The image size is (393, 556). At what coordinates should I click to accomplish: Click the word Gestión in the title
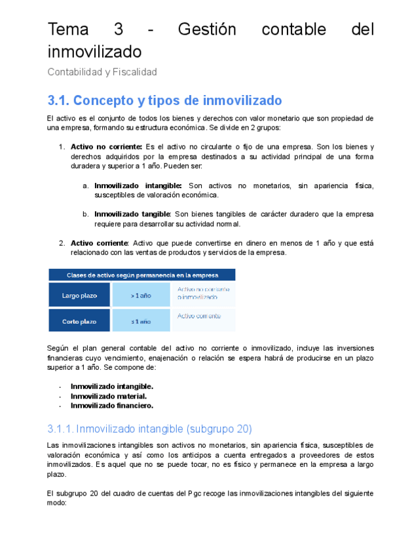206,30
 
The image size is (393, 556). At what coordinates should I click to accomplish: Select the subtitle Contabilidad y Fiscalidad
102,72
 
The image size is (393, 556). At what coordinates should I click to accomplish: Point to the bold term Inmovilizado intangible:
138,186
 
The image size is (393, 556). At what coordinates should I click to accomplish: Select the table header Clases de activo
142,275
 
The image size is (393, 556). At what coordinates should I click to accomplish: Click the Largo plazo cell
79,296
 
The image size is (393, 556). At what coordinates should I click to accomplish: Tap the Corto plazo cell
79,321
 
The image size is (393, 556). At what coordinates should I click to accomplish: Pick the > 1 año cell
141,296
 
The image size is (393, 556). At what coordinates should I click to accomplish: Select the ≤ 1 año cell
141,321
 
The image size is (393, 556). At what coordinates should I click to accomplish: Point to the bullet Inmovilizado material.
108,395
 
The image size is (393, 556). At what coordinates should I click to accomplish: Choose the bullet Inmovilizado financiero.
112,405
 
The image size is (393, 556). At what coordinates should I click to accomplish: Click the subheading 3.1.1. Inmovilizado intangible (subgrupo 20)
149,429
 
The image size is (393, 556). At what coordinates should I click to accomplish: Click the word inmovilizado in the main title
94,51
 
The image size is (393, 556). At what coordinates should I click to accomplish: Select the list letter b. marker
86,214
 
